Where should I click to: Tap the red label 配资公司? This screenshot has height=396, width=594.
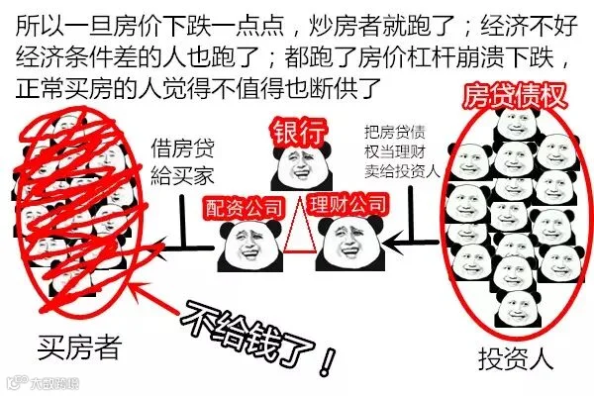click(242, 206)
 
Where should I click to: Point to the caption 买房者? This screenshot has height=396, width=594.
click(78, 347)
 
